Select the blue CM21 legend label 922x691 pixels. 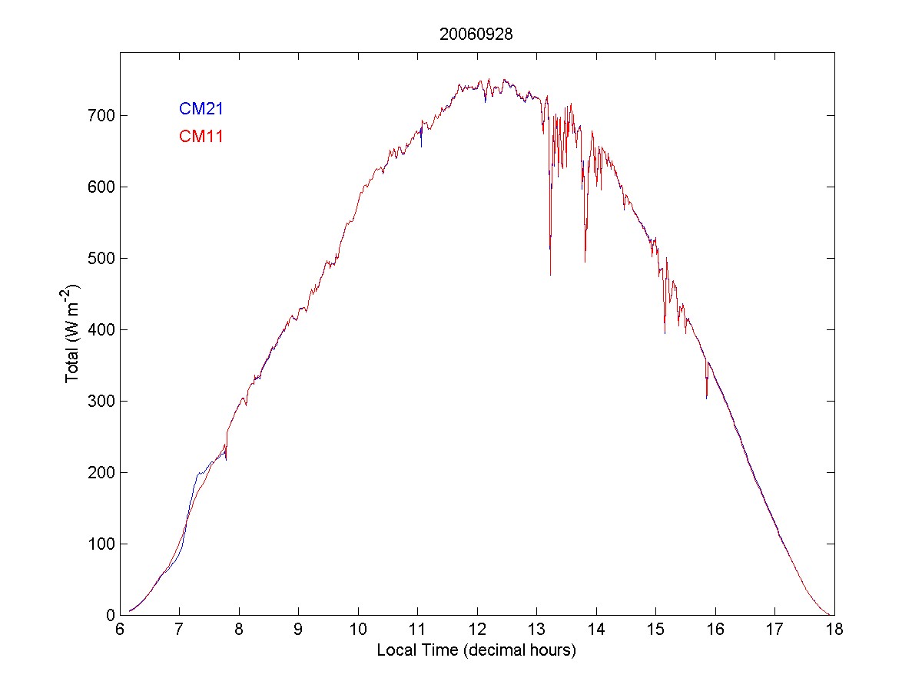pyautogui.click(x=201, y=109)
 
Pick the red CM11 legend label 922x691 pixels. pyautogui.click(x=201, y=137)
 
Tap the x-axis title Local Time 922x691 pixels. pyautogui.click(x=476, y=650)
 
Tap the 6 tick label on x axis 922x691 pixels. pyautogui.click(x=120, y=630)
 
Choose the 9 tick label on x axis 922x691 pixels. pyautogui.click(x=298, y=630)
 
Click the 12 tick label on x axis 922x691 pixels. pyautogui.click(x=477, y=630)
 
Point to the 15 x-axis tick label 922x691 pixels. pyautogui.click(x=655, y=630)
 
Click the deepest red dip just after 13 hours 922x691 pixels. pyautogui.click(x=550, y=274)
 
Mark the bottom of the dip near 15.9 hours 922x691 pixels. pyautogui.click(x=707, y=398)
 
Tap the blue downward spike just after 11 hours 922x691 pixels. pyautogui.click(x=421, y=145)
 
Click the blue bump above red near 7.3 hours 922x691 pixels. pyautogui.click(x=199, y=475)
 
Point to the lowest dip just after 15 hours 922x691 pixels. pyautogui.click(x=665, y=332)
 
